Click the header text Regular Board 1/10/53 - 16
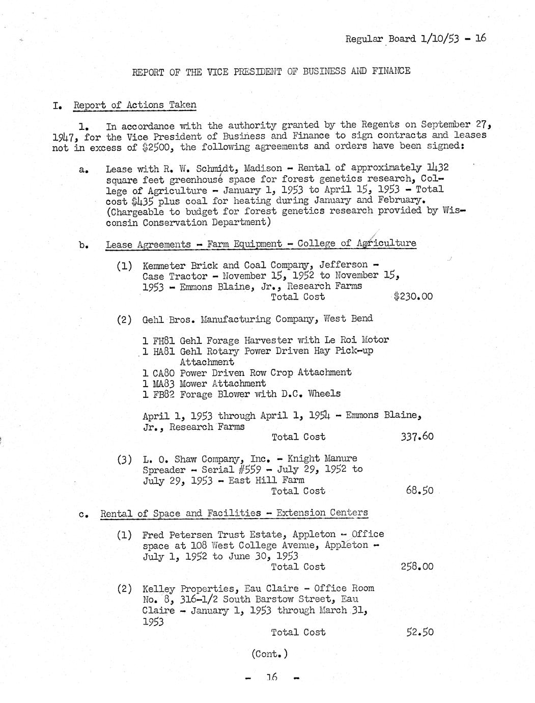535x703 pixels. click(x=415, y=39)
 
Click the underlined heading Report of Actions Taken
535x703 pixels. click(x=135, y=105)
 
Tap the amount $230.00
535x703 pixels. click(x=413, y=296)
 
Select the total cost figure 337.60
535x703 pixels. click(x=416, y=437)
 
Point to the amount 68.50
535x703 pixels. click(x=420, y=491)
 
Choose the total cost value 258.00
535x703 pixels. click(x=417, y=566)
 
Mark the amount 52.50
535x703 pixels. click(x=420, y=632)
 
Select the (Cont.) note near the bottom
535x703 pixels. click(x=269, y=654)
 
